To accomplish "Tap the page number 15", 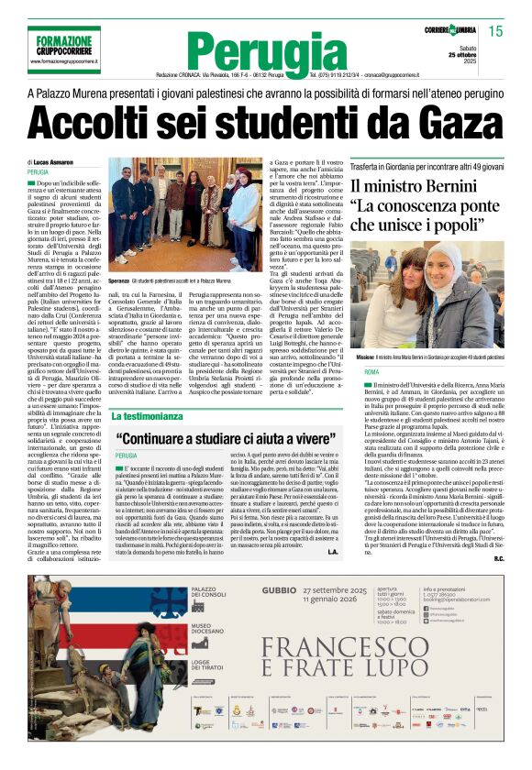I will tap(496, 31).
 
